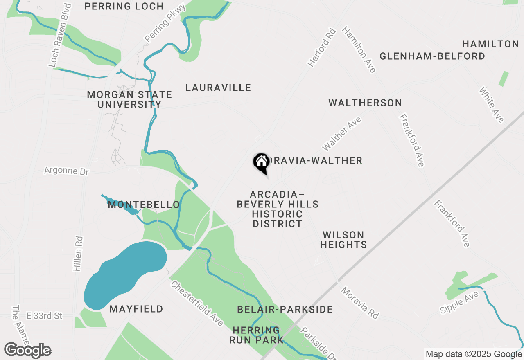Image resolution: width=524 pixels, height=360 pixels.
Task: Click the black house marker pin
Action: click(261, 162)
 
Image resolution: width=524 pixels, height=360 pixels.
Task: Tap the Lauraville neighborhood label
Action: click(218, 88)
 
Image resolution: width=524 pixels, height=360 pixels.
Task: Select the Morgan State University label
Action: click(129, 99)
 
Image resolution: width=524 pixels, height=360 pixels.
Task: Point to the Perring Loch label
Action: click(124, 7)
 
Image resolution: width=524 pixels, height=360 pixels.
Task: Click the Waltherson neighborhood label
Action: click(365, 103)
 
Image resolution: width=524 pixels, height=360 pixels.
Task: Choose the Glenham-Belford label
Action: click(432, 56)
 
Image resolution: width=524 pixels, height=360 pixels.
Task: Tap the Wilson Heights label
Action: click(343, 240)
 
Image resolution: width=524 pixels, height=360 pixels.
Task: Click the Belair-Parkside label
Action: click(285, 309)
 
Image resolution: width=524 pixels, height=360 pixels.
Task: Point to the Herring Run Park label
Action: click(257, 335)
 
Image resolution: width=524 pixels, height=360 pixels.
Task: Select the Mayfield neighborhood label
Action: click(136, 309)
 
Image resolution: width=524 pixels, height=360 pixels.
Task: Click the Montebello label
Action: click(144, 205)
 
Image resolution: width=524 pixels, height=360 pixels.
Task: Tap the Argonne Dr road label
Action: click(66, 171)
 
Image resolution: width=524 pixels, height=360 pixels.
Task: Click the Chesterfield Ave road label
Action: click(197, 303)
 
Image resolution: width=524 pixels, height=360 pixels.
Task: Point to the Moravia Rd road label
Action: click(360, 303)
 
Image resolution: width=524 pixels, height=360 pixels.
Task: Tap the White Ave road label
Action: click(491, 105)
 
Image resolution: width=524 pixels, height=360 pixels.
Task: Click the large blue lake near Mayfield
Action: click(125, 275)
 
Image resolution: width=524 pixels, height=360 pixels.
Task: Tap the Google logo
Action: click(27, 351)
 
